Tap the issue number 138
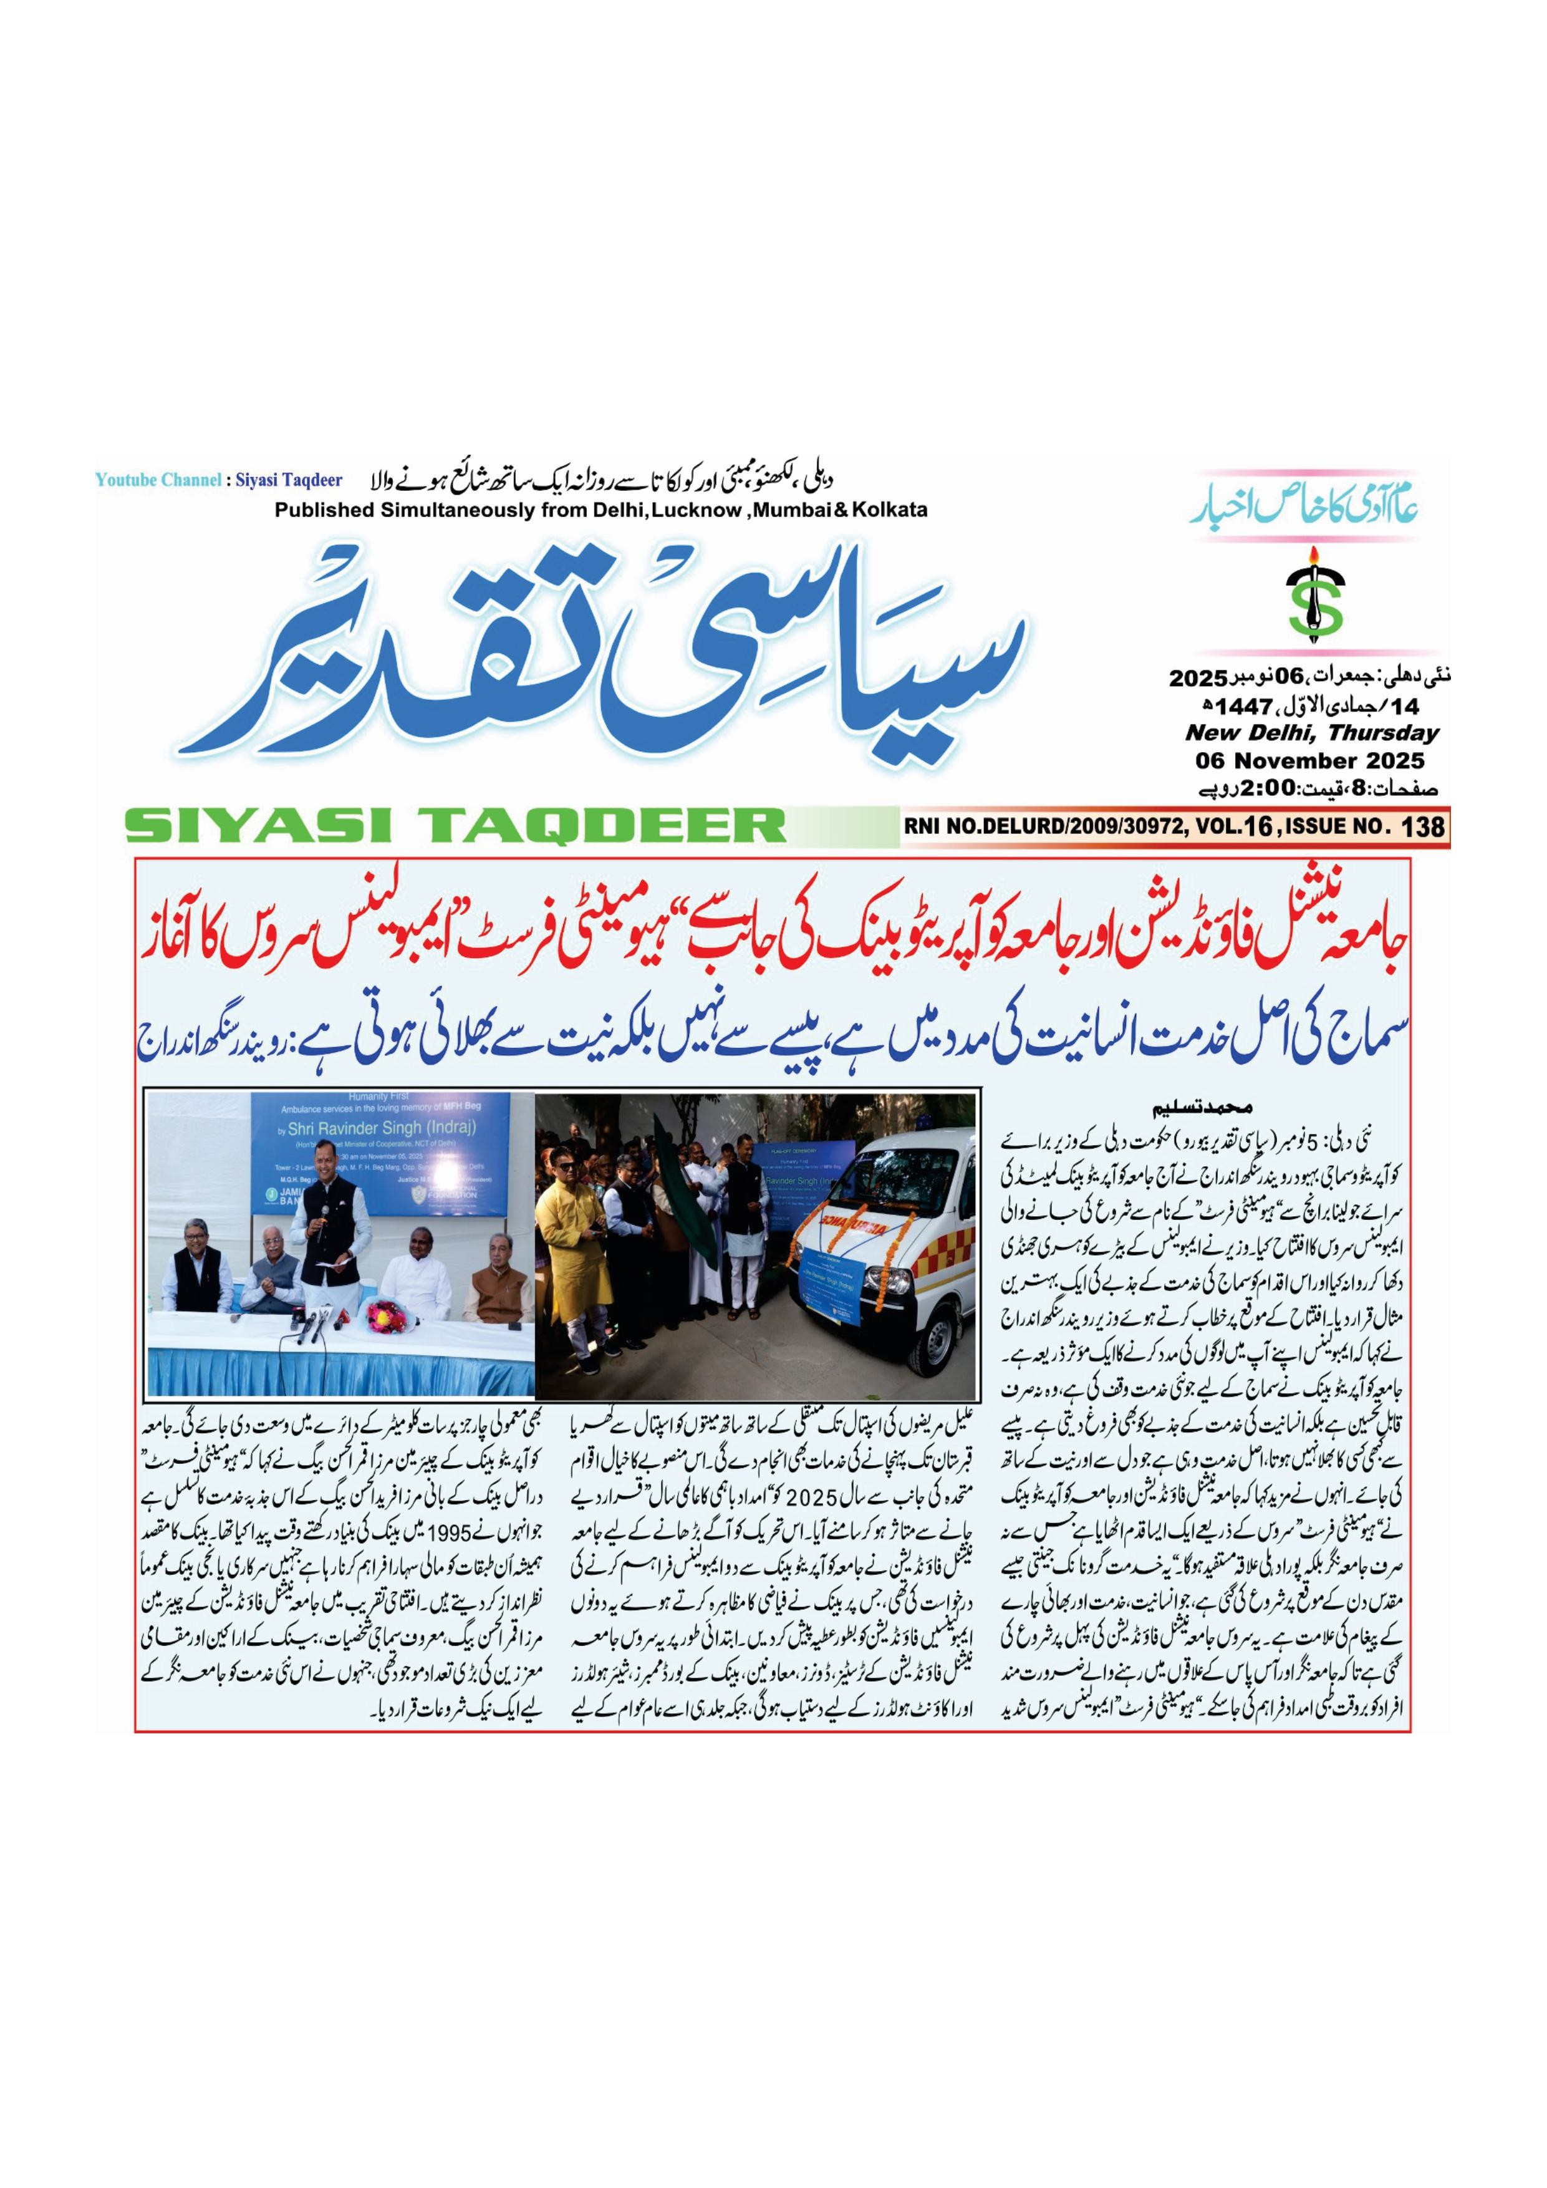point(1423,826)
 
